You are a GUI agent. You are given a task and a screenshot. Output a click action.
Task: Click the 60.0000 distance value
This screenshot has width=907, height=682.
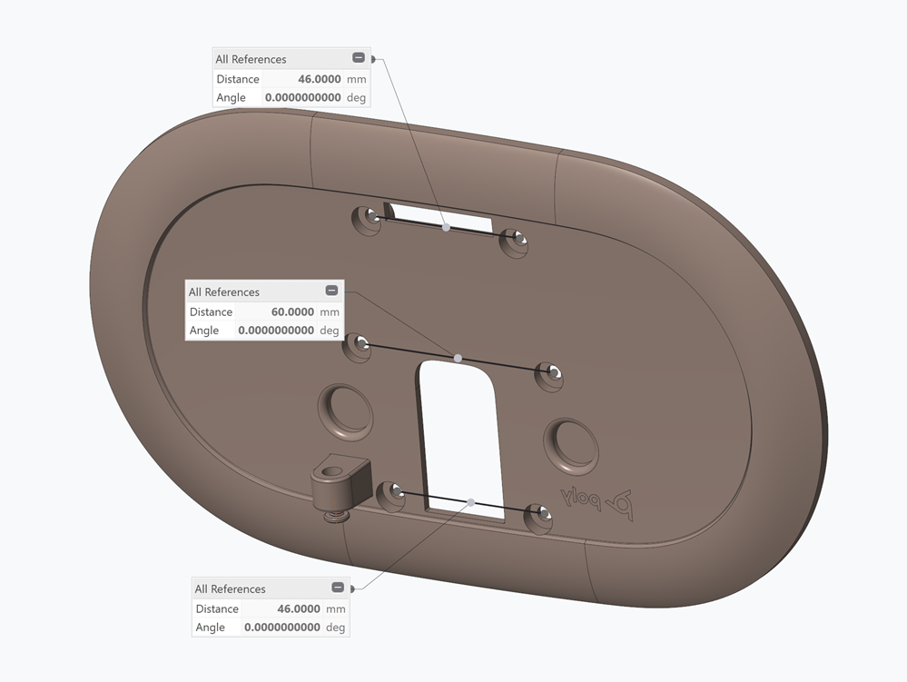[292, 311]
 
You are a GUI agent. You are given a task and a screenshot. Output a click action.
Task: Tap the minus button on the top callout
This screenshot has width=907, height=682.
[359, 58]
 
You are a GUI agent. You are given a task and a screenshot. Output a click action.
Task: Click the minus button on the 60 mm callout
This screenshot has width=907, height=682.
[331, 291]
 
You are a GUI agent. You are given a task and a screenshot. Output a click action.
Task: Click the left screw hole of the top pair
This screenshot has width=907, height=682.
[371, 217]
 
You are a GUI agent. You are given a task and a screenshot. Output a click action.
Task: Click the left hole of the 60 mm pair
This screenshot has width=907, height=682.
[360, 344]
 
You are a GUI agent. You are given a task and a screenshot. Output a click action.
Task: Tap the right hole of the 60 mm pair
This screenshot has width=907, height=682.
[551, 371]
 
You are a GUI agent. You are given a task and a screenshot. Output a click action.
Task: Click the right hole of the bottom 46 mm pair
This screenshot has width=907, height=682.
[542, 516]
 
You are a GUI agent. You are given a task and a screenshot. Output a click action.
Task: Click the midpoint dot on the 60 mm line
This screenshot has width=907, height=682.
[458, 359]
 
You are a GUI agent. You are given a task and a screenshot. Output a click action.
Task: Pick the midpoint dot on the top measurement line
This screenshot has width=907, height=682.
[446, 227]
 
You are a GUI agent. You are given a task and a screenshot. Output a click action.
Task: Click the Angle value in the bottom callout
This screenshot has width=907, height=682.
[281, 628]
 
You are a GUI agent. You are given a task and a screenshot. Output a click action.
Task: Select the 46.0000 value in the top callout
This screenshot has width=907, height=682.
[318, 79]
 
